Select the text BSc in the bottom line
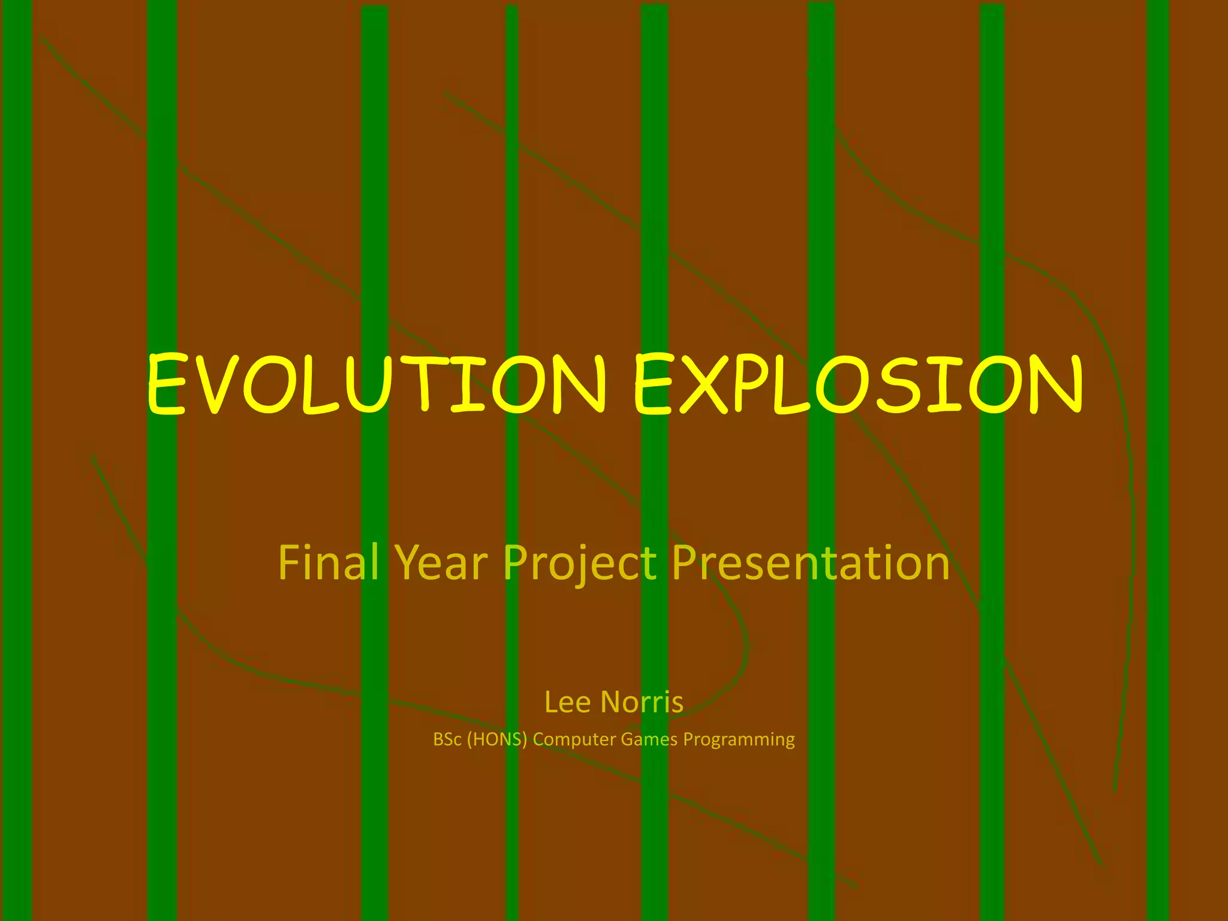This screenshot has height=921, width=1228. (447, 739)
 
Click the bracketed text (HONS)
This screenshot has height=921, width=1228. (496, 739)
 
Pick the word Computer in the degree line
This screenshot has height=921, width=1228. (574, 740)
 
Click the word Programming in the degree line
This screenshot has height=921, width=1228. (739, 740)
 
